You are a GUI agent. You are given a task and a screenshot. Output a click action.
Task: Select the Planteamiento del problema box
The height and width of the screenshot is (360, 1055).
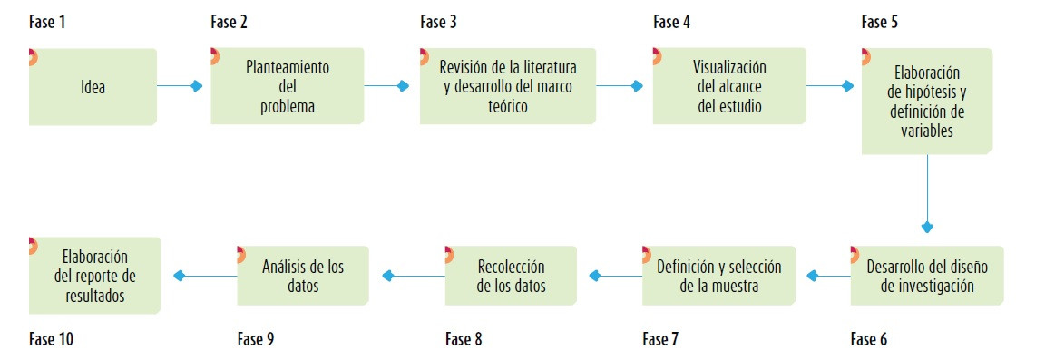[288, 86]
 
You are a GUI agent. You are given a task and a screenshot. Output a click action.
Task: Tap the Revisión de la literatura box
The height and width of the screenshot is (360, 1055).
[508, 86]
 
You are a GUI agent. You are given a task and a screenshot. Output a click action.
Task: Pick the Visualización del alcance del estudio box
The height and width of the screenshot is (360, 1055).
[729, 86]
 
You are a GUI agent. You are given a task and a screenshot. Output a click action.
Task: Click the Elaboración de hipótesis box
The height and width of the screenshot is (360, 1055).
[926, 101]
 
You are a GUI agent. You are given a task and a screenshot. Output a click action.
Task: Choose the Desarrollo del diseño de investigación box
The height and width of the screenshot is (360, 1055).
[926, 276]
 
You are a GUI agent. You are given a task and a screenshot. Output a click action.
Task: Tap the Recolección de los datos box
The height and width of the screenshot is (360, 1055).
[511, 276]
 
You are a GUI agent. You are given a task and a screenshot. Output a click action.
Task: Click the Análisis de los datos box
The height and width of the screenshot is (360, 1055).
[303, 276]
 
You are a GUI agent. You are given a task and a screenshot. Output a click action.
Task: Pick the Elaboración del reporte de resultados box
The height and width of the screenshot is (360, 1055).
[94, 276]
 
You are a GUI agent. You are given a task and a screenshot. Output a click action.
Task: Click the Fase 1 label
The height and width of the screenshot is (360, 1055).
[47, 22]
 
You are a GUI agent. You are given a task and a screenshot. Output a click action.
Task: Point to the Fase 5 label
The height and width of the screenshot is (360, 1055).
[880, 22]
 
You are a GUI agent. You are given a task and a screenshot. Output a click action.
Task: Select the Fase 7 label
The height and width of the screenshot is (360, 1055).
[660, 340]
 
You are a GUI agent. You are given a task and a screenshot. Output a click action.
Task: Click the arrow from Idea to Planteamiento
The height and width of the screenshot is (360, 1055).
[181, 86]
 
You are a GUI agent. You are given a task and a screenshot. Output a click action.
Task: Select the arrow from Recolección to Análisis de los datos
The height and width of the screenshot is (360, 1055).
[413, 276]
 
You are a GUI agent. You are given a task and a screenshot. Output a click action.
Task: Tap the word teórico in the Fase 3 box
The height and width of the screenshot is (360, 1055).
[507, 106]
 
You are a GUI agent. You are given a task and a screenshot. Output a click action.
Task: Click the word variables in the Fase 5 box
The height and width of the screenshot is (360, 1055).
[926, 130]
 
